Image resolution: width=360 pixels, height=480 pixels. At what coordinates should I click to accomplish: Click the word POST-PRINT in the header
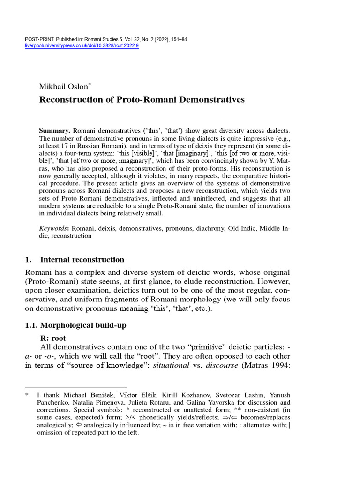click(x=37, y=39)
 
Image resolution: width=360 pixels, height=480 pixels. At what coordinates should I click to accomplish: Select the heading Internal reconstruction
click(x=82, y=259)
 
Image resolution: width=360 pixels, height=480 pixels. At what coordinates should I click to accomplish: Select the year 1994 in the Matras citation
click(x=278, y=366)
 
